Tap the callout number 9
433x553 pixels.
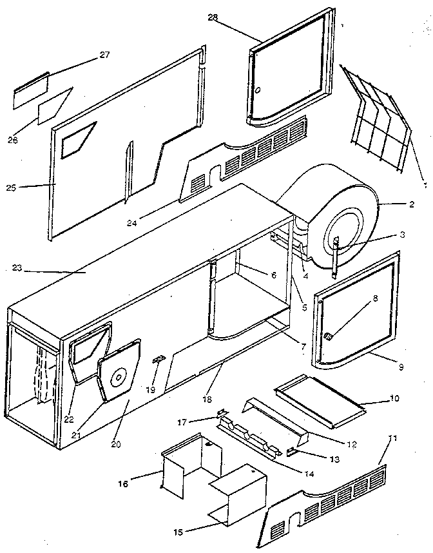click(401, 367)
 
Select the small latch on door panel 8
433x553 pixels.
click(328, 335)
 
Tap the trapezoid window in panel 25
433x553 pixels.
click(77, 141)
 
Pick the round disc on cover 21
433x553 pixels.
click(119, 379)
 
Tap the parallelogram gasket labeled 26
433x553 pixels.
click(55, 106)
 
